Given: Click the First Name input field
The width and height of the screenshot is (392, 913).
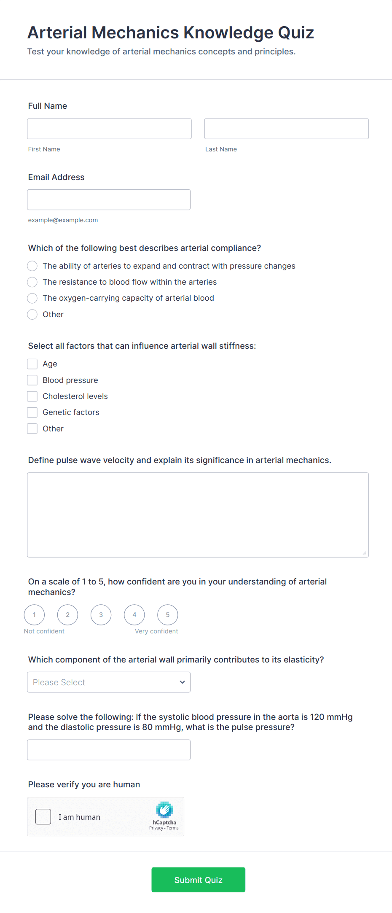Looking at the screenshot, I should (x=109, y=129).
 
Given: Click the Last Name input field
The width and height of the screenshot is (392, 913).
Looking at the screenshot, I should (x=286, y=129).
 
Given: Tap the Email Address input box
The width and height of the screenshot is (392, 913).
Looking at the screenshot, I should (x=109, y=199).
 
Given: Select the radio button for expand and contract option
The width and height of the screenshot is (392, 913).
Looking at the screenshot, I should (x=32, y=266).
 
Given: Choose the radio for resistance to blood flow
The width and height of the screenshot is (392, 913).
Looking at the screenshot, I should (x=32, y=282).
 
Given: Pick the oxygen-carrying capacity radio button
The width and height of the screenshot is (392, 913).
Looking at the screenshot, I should (x=32, y=298).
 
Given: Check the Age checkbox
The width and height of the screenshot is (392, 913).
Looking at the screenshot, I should (x=32, y=364).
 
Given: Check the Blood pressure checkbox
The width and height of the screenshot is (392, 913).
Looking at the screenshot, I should (x=32, y=380).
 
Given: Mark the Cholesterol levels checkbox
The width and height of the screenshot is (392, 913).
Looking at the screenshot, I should (x=32, y=396).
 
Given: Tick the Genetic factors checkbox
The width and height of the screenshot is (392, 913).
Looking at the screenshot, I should (x=32, y=412).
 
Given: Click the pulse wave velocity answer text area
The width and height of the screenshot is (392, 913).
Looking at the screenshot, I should (x=198, y=515).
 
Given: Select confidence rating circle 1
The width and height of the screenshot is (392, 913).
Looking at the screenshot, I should (x=34, y=615).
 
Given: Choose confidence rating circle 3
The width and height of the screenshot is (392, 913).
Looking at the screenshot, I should (x=101, y=615).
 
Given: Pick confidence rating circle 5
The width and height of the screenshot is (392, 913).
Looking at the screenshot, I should (x=168, y=615).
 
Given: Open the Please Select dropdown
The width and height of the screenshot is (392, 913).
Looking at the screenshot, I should (x=109, y=682).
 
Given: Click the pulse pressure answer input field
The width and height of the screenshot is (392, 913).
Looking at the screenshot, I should (x=109, y=750).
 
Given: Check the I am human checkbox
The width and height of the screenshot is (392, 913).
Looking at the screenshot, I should (x=43, y=817).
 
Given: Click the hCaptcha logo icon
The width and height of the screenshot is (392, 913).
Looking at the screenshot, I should (x=164, y=810).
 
